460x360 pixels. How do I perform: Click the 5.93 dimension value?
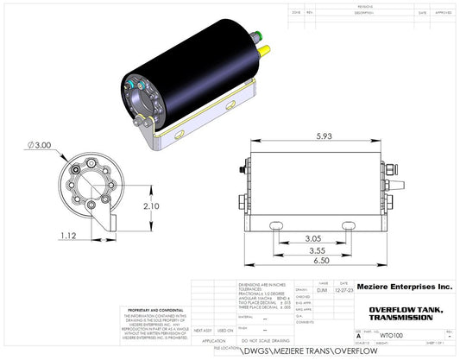[324, 137]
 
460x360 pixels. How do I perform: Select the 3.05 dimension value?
[314, 238]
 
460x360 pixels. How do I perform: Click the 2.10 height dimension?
[151, 206]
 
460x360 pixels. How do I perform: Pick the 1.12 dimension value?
[71, 235]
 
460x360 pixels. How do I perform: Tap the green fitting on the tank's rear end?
[258, 36]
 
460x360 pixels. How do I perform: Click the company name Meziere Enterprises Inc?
[404, 286]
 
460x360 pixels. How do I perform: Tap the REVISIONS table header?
[371, 5]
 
